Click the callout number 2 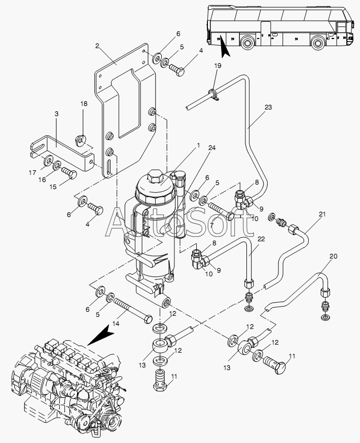pyautogui.click(x=97, y=46)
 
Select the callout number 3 pyautogui.click(x=56, y=114)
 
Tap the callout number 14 pyautogui.click(x=116, y=324)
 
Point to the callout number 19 pyautogui.click(x=218, y=66)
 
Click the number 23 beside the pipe pyautogui.click(x=268, y=107)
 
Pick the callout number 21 pyautogui.click(x=322, y=214)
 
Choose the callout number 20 pyautogui.click(x=334, y=256)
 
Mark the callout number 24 pyautogui.click(x=212, y=148)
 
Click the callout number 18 pyautogui.click(x=84, y=104)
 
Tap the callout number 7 pyautogui.click(x=211, y=225)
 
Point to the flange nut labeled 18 pyautogui.click(x=81, y=140)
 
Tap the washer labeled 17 pyautogui.click(x=48, y=161)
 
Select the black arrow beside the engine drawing pyautogui.click(x=100, y=335)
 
